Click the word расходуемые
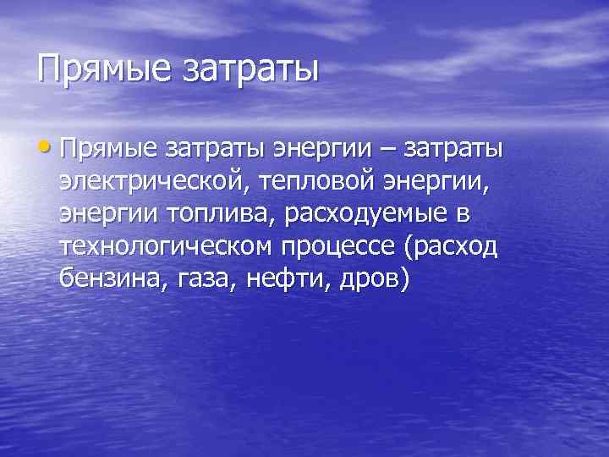click(360, 214)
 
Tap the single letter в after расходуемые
click(458, 214)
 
